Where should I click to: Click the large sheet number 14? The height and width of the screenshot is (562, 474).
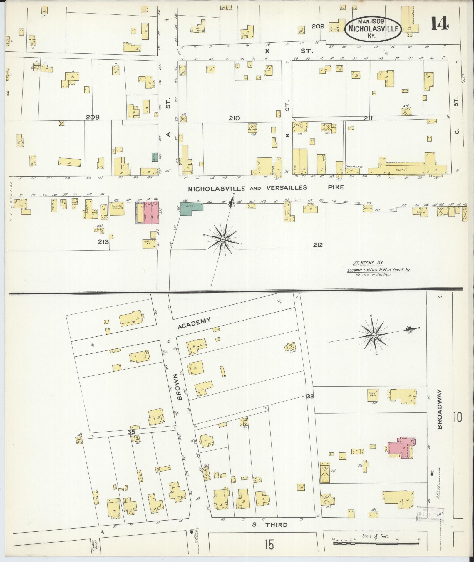(x=439, y=24)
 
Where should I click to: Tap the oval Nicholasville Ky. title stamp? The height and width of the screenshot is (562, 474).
(x=373, y=29)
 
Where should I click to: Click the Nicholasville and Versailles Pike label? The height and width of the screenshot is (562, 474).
(x=266, y=188)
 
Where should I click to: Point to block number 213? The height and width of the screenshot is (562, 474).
(x=103, y=242)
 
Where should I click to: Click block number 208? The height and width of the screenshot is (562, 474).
(x=93, y=117)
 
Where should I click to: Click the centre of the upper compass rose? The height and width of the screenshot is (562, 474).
(x=223, y=240)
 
